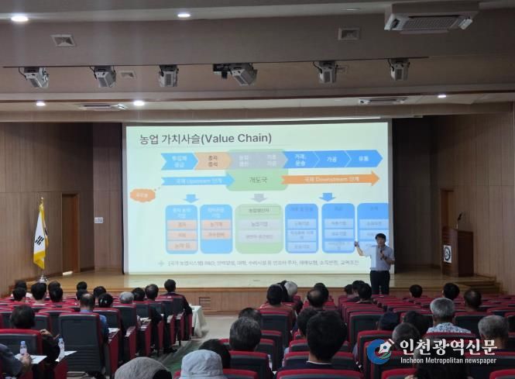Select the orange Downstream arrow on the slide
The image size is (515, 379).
(330, 179)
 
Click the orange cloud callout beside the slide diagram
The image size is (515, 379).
(142, 195)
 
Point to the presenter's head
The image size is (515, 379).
(380, 239)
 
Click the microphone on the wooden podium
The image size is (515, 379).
(459, 219)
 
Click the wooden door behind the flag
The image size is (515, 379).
(70, 232)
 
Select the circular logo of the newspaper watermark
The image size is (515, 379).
(379, 351)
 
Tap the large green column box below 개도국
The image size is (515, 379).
(258, 229)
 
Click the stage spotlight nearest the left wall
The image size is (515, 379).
(36, 77)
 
